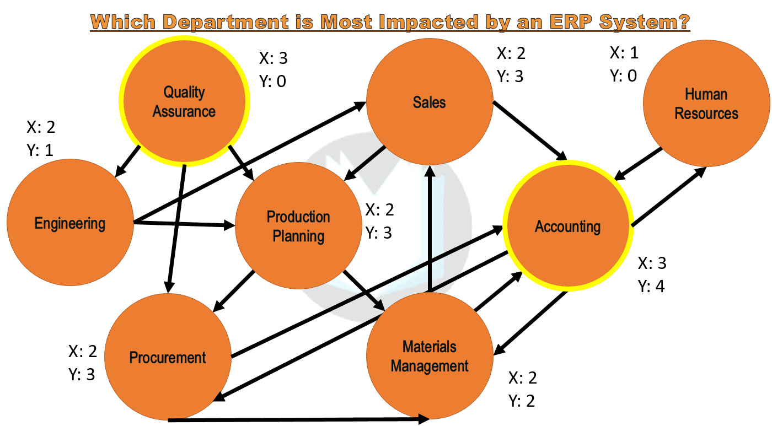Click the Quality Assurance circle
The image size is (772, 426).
tap(185, 102)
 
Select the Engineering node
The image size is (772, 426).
tap(69, 223)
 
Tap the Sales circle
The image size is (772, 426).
tap(429, 102)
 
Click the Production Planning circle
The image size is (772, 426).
tap(298, 226)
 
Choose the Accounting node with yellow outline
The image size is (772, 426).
tap(567, 227)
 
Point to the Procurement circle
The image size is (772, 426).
tap(168, 357)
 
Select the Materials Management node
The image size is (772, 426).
tap(430, 356)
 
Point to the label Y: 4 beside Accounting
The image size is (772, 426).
tap(651, 287)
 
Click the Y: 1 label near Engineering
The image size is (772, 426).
tap(40, 150)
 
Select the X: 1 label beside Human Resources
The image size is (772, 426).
tap(624, 53)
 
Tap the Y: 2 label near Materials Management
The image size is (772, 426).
tap(522, 401)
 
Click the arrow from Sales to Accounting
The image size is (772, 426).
tap(530, 131)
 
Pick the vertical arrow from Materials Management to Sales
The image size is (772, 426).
tap(430, 226)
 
